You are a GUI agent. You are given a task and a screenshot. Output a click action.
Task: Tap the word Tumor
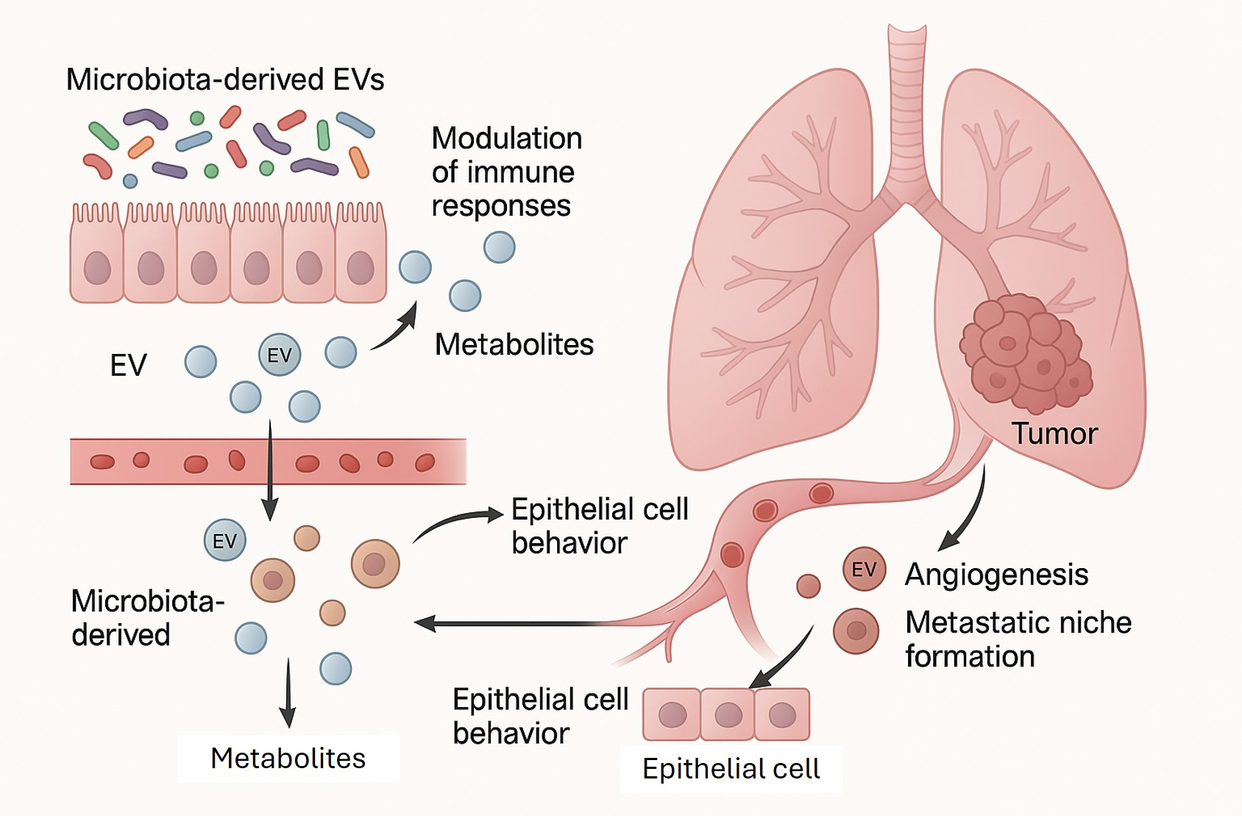(x=1054, y=433)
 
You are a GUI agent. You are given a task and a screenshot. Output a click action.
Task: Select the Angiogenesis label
(x=996, y=575)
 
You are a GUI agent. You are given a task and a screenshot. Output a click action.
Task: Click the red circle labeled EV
(x=864, y=569)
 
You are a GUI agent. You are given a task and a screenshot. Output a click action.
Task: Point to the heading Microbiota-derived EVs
(x=225, y=79)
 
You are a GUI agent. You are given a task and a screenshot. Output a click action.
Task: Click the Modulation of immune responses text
(x=506, y=172)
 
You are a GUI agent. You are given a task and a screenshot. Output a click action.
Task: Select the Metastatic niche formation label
(x=1018, y=639)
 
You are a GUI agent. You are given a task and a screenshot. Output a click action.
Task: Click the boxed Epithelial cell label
(x=731, y=769)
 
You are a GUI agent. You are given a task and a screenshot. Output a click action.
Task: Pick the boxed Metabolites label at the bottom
(x=288, y=759)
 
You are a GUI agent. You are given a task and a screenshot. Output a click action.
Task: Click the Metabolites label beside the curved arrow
(x=514, y=344)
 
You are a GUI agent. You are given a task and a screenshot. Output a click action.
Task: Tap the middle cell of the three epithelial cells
(x=728, y=714)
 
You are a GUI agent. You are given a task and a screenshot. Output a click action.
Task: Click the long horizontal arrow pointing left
(x=515, y=624)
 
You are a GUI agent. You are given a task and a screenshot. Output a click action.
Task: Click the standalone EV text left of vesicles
(x=128, y=365)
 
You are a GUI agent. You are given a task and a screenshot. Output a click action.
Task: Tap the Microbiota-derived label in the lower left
(x=147, y=618)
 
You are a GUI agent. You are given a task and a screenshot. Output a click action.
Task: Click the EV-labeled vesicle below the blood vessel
(x=224, y=541)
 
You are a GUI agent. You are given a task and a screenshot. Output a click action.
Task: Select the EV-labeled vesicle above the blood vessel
(x=280, y=355)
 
